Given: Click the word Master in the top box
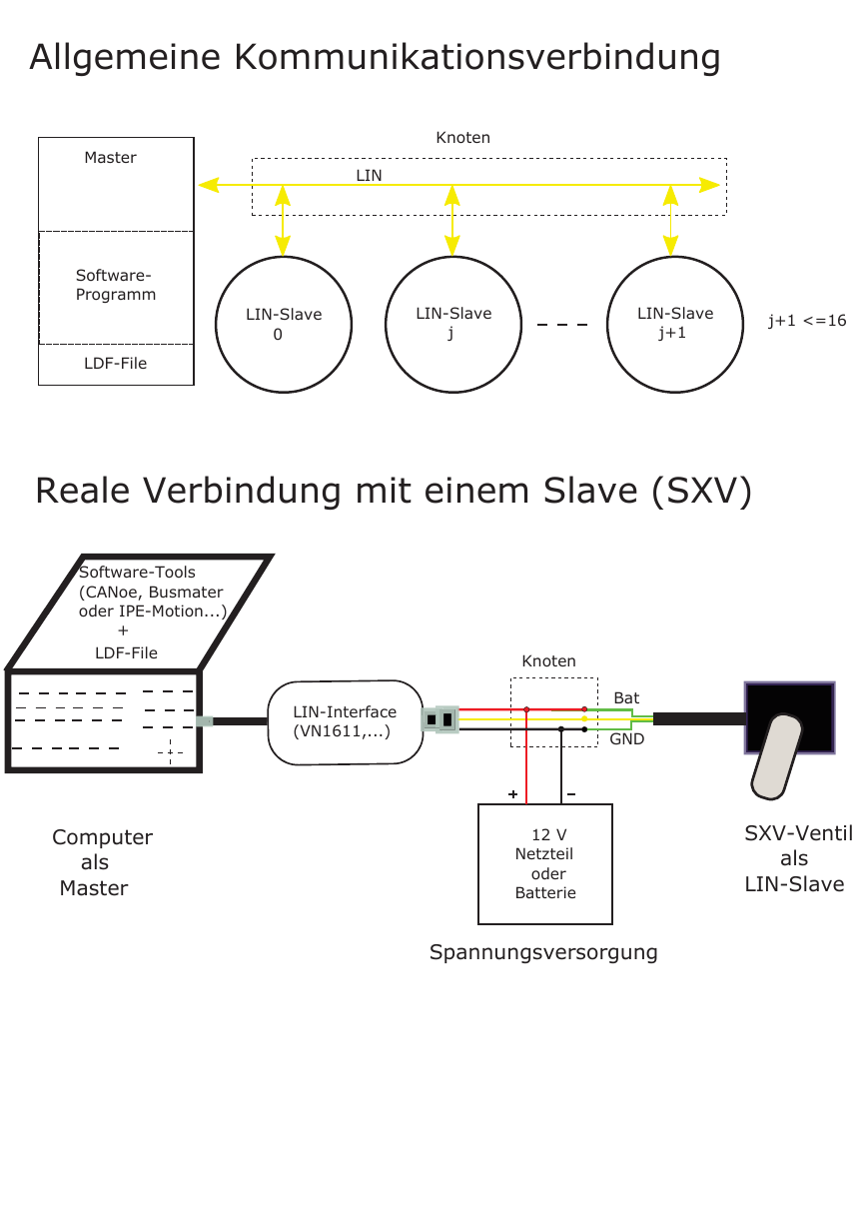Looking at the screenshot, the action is click(x=110, y=158).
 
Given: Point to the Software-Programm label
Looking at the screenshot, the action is click(x=116, y=285).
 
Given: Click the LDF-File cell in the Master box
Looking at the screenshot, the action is click(x=116, y=365).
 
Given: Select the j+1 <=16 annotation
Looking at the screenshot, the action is click(x=807, y=321).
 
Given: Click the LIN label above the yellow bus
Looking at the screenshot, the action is click(x=369, y=175).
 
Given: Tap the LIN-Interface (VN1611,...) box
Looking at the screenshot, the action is click(x=345, y=722).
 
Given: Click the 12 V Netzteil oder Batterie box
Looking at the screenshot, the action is click(x=545, y=864).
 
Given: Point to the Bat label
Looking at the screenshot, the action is click(x=626, y=697).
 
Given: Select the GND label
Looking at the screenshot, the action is click(x=626, y=739).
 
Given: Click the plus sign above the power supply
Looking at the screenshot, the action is click(x=512, y=793).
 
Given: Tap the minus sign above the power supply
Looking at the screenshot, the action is click(x=571, y=793).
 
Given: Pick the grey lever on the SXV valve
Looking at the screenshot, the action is click(x=775, y=756).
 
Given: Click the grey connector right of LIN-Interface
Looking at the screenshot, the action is click(x=439, y=719).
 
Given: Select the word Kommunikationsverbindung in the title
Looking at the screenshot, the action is click(x=477, y=58).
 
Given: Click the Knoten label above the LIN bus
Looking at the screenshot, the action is click(x=462, y=138).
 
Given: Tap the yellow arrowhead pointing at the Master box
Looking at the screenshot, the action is click(x=208, y=185).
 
